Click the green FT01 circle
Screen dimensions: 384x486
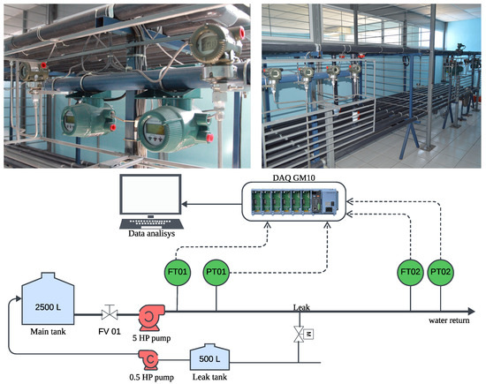click(178, 272)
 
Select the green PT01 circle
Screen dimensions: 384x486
click(216, 272)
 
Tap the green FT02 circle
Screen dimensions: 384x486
click(411, 272)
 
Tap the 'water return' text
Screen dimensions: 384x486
click(452, 322)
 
